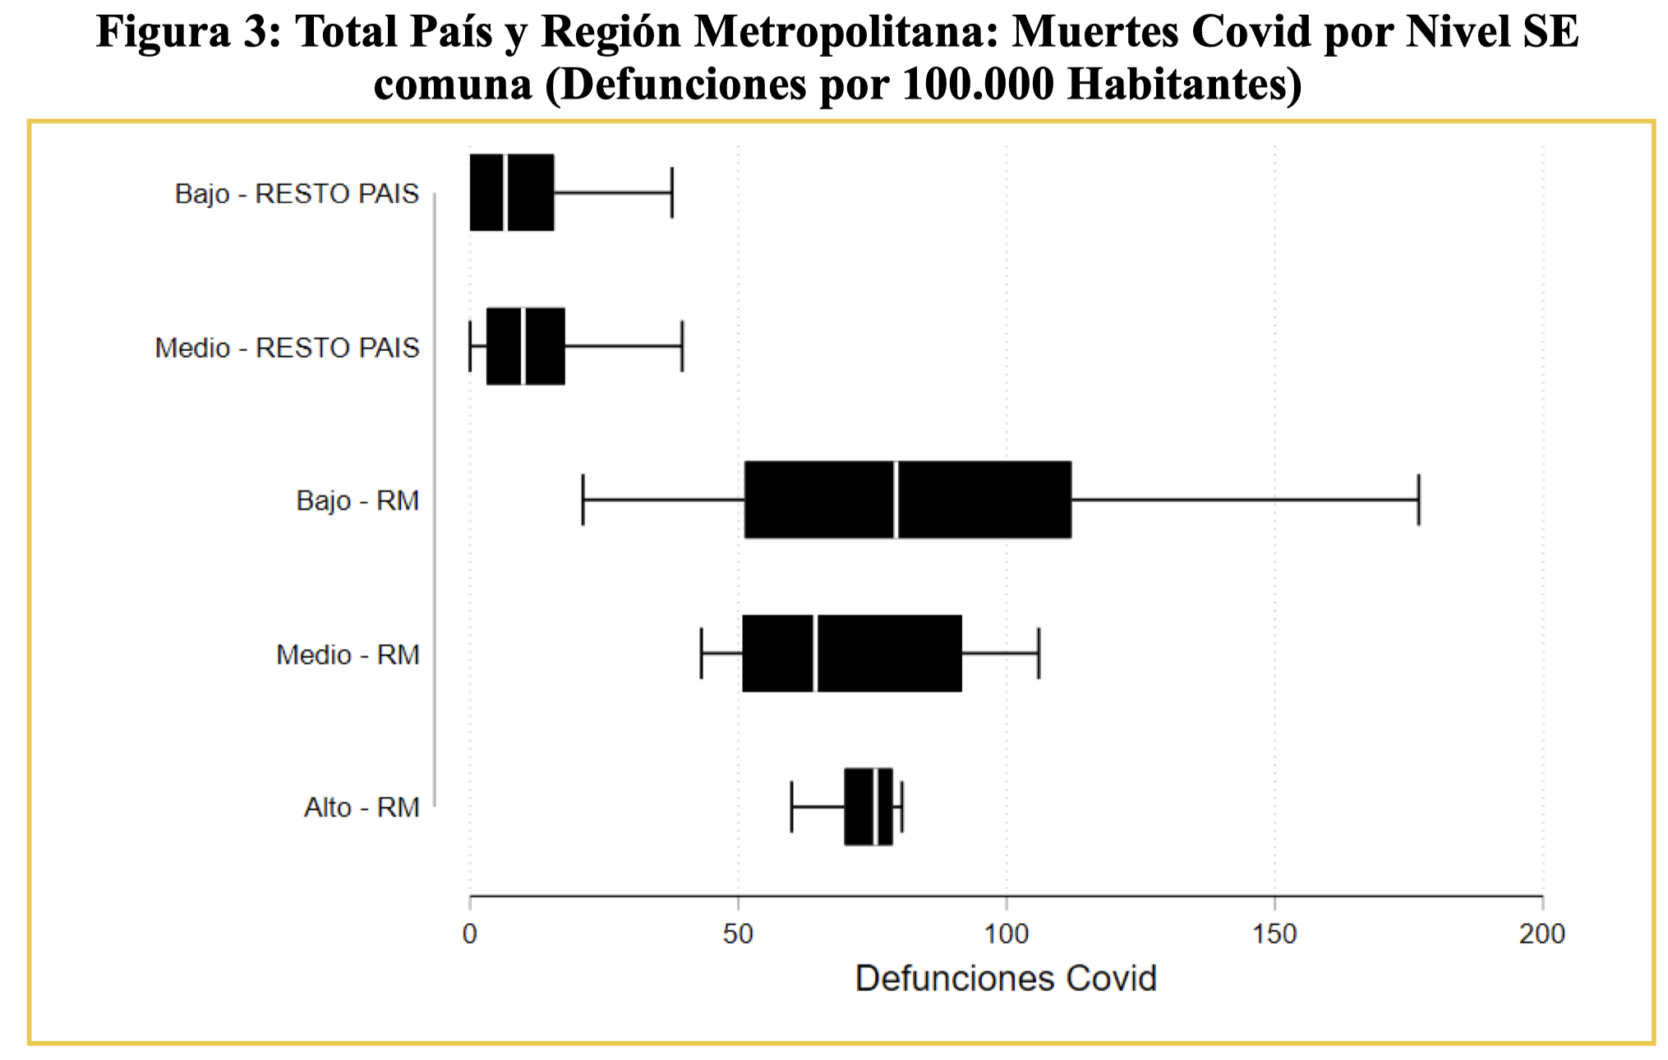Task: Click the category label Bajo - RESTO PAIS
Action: [x=297, y=194]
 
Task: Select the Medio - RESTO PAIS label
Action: [x=287, y=348]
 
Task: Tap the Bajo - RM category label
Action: [x=357, y=501]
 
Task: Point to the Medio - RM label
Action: [x=348, y=655]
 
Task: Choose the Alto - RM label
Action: [x=362, y=808]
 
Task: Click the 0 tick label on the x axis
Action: [x=470, y=934]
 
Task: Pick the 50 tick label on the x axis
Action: [x=738, y=934]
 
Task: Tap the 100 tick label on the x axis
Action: [x=1007, y=934]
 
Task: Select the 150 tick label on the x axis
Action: [x=1274, y=934]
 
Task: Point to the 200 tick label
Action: [x=1542, y=934]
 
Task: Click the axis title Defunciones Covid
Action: [x=1006, y=979]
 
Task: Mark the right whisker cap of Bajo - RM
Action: [x=1418, y=500]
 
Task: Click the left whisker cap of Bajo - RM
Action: [x=583, y=500]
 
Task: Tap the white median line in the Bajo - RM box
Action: [x=896, y=500]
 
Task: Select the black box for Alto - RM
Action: [x=869, y=806]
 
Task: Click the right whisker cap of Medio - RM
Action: [x=1039, y=653]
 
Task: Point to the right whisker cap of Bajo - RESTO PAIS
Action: [x=672, y=192]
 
